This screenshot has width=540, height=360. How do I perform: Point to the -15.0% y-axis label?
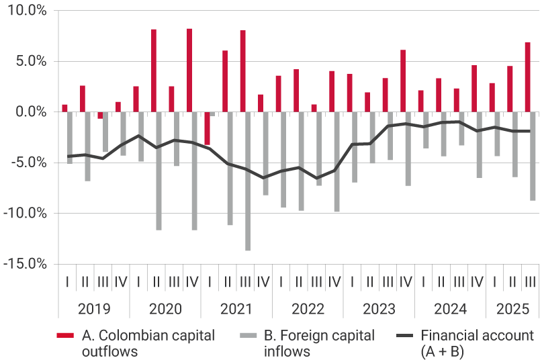coord(24,263)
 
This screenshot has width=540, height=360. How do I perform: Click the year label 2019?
coord(93,309)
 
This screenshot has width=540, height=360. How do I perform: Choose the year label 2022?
coord(307,309)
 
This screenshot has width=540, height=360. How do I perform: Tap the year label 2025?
coord(512,309)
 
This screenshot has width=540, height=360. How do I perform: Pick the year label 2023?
coord(378,309)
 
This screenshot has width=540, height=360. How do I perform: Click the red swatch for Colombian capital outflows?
coord(65,335)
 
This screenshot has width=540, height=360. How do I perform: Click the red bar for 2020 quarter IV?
coord(189,70)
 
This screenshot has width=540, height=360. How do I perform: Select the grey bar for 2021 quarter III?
coord(248,181)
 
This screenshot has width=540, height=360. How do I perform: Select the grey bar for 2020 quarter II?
coord(159,171)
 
